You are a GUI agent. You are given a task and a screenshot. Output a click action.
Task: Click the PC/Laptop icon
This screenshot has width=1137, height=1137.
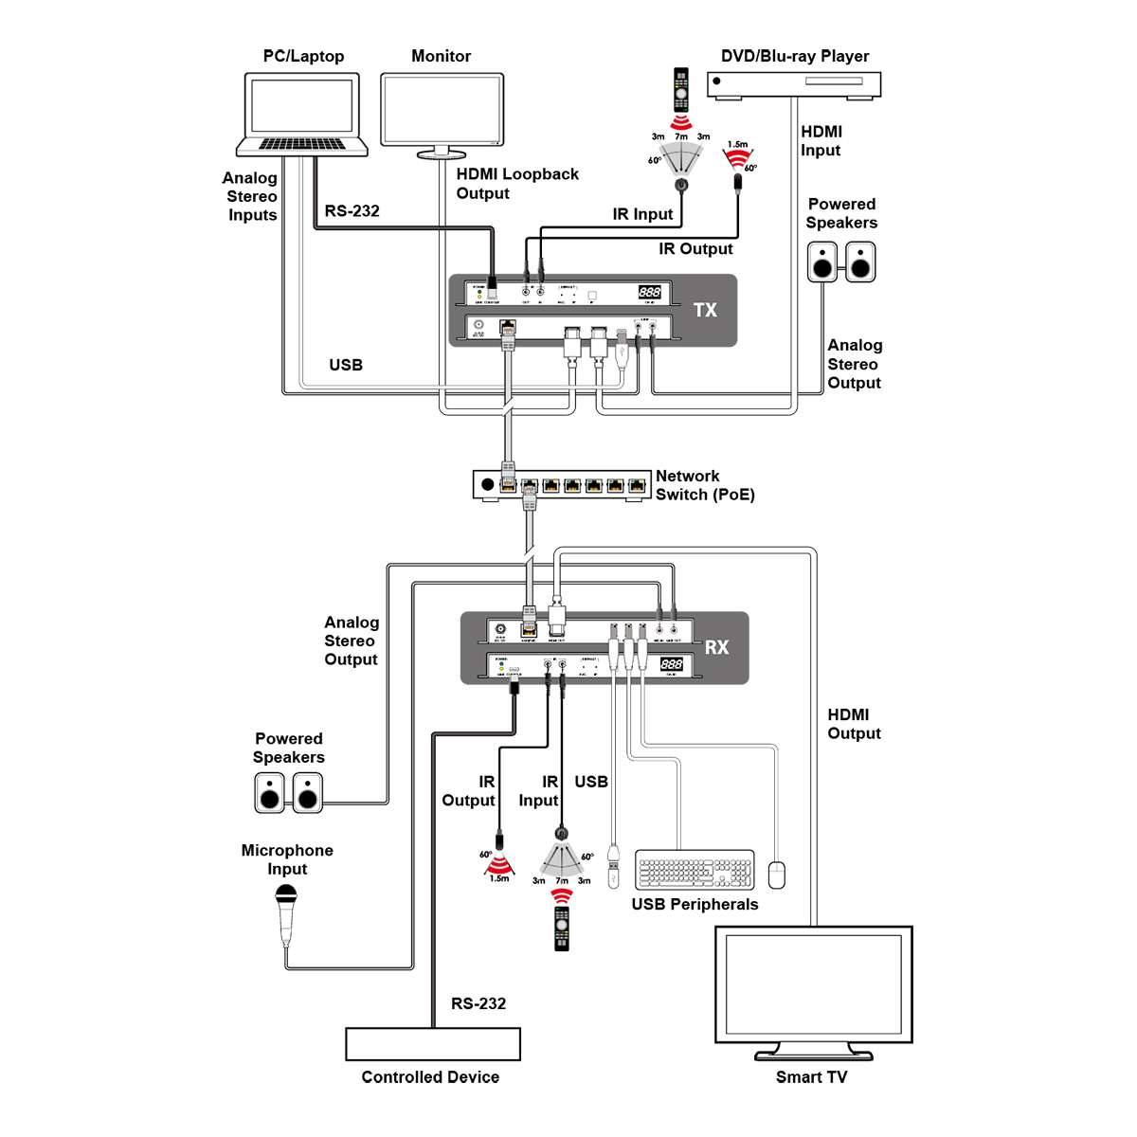tap(302, 114)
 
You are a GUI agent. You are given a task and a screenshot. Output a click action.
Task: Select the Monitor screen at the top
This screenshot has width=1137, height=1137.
tap(442, 110)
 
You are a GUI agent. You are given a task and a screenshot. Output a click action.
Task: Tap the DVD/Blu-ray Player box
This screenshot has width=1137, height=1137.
tap(794, 83)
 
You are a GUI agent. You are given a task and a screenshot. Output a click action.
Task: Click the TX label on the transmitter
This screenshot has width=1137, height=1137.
tap(705, 310)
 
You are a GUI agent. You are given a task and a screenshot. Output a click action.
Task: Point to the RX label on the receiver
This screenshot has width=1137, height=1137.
tap(717, 647)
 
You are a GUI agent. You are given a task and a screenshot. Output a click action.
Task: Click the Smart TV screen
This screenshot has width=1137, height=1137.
tap(813, 985)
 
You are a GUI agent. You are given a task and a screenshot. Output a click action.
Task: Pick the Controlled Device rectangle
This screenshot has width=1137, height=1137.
tap(433, 1044)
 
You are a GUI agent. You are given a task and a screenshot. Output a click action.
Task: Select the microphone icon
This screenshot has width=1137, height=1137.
tap(286, 913)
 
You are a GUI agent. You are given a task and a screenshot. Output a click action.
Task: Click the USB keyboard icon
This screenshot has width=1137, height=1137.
tap(695, 870)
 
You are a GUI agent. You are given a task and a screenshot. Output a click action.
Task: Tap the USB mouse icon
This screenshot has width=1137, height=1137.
tap(777, 875)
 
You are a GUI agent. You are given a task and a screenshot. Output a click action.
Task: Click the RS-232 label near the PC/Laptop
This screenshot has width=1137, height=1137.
tap(352, 211)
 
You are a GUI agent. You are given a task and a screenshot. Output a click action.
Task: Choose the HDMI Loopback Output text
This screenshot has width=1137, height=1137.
tap(517, 184)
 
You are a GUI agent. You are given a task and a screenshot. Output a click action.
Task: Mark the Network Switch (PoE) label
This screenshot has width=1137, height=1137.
tap(705, 485)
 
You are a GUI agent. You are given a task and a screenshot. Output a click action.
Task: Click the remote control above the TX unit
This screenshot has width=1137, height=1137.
tap(680, 90)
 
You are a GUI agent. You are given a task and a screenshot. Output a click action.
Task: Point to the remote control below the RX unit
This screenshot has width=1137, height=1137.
tap(562, 929)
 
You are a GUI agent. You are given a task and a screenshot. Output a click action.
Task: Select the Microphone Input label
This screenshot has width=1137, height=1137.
tap(287, 859)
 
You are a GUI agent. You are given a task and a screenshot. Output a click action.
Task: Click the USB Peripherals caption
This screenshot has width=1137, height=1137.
tap(695, 904)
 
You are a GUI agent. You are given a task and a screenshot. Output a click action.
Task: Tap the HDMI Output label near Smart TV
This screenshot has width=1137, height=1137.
tap(854, 724)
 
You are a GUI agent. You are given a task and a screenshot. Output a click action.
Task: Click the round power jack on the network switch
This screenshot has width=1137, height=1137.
tap(488, 485)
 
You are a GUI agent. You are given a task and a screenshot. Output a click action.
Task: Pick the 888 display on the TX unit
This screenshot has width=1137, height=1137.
tap(649, 293)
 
